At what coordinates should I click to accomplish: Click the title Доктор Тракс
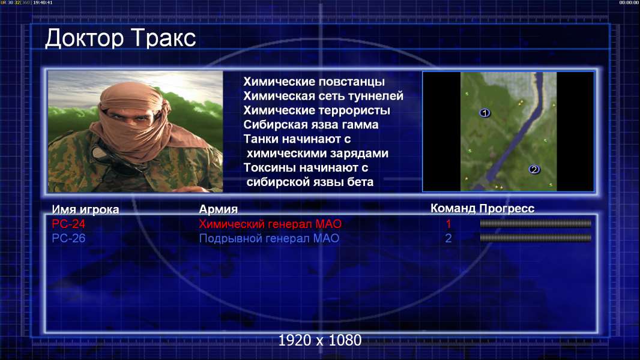[x=121, y=38]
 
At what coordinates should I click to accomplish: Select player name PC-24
[x=68, y=224]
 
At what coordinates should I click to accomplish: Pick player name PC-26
[x=68, y=238]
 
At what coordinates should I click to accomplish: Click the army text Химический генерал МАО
[x=270, y=224]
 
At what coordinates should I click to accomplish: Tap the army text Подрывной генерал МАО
[x=269, y=238]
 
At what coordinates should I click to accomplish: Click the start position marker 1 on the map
[x=485, y=113]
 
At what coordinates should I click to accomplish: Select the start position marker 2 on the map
[x=534, y=170]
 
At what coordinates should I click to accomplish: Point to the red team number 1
[x=448, y=224]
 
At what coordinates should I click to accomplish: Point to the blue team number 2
[x=448, y=238]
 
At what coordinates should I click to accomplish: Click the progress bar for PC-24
[x=536, y=223]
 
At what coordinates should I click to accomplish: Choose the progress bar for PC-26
[x=536, y=238]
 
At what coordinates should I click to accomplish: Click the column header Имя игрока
[x=85, y=209]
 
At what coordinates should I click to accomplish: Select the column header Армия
[x=219, y=209]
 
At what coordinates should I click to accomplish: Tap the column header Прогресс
[x=507, y=208]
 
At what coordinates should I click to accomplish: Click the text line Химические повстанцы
[x=314, y=82]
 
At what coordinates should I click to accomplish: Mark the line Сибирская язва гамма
[x=311, y=124]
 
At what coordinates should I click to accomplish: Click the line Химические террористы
[x=317, y=110]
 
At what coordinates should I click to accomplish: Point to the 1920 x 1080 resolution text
[x=320, y=340]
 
